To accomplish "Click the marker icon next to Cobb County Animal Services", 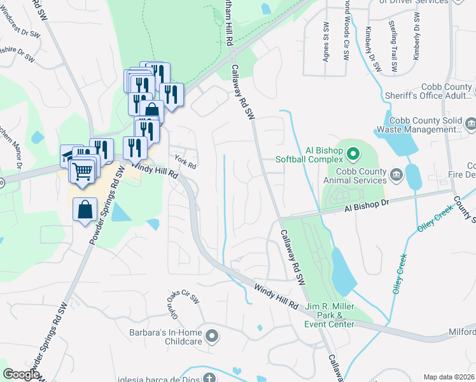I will point(395,174).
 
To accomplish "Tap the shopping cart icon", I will point(82,170).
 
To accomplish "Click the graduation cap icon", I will point(68,155).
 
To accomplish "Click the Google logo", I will point(22,374).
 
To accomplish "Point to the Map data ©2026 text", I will point(449,377).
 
